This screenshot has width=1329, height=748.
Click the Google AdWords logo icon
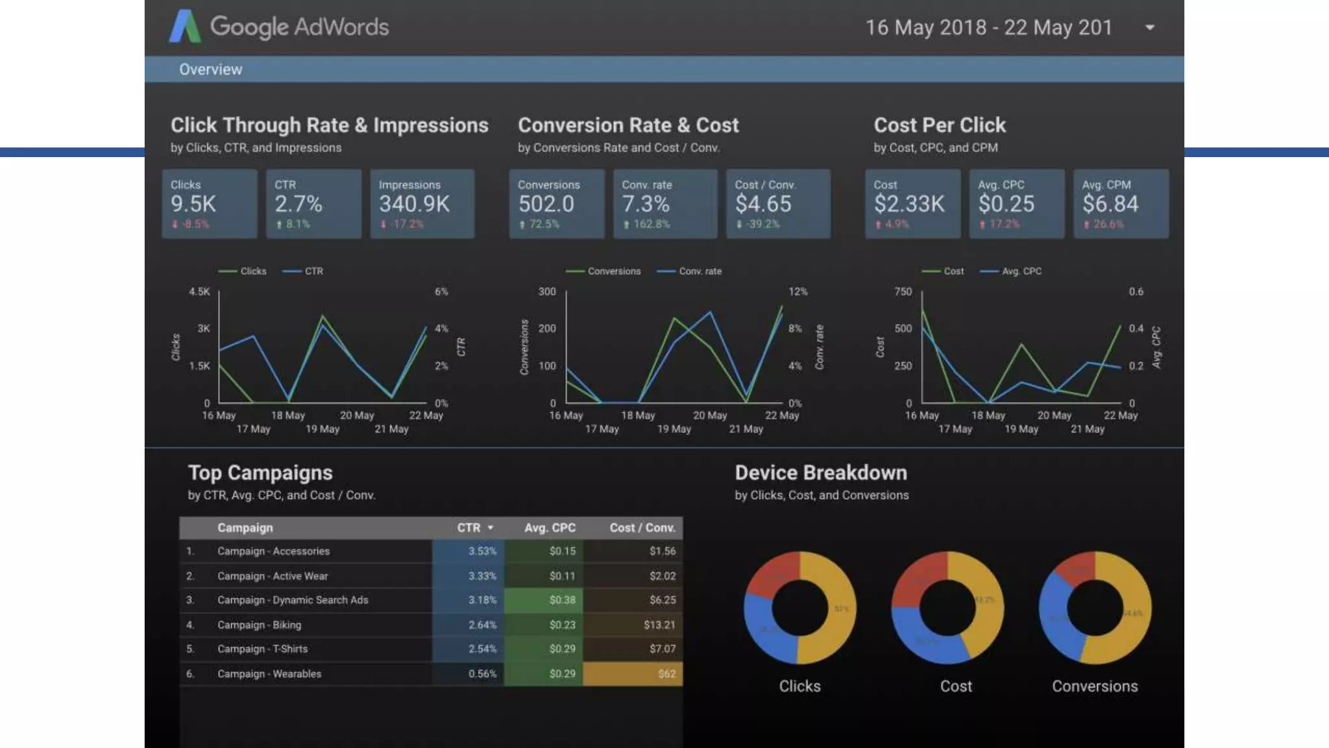point(185,27)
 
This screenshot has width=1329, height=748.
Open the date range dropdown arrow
point(1149,28)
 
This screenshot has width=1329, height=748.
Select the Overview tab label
point(210,69)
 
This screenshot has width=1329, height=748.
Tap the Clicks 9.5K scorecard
point(209,204)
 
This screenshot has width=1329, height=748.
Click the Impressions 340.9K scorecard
point(422,204)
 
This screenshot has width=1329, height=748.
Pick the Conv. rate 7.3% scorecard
point(664,204)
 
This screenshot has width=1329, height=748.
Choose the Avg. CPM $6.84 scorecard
point(1121,204)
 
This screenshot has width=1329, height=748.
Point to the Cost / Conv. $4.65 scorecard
point(777,204)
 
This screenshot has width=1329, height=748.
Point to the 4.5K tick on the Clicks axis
point(199,292)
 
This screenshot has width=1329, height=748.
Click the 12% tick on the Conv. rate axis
point(798,292)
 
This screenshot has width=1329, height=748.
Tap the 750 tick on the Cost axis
point(903,292)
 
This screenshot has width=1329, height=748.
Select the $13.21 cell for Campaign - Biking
point(659,625)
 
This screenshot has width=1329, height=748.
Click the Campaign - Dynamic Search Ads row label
point(293,600)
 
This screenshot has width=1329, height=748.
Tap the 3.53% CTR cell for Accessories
point(482,551)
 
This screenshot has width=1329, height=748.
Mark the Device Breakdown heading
point(820,473)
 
